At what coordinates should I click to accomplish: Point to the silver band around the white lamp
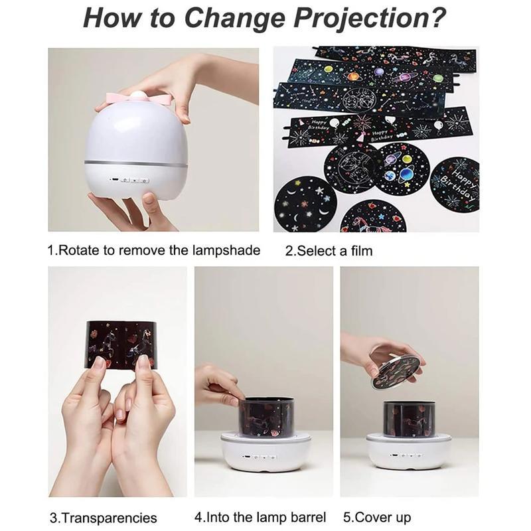point(135,163)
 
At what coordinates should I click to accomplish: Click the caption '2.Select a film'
point(329,252)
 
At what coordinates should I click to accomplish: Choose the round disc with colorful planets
point(402,169)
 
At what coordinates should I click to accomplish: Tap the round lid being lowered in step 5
point(396,372)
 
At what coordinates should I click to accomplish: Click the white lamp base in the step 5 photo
point(409,455)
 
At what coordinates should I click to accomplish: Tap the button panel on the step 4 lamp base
point(260,457)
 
